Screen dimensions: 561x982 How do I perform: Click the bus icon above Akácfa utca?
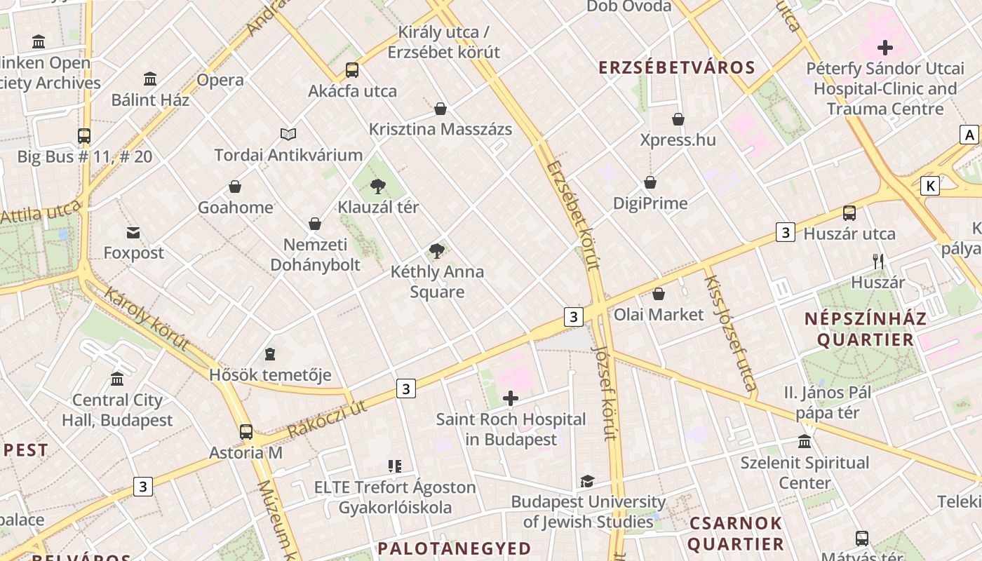point(352,70)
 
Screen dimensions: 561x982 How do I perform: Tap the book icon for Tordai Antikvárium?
point(288,134)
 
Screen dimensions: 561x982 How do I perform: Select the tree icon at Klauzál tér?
point(378,186)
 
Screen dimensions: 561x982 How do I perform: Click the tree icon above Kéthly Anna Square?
point(437,250)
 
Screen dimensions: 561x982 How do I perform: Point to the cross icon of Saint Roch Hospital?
point(511,398)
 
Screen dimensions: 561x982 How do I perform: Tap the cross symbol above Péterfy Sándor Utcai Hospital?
point(885,48)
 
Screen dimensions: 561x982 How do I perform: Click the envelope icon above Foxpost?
point(133,232)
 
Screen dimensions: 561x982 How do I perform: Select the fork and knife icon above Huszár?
point(878,262)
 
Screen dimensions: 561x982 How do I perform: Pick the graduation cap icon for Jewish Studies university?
point(587,481)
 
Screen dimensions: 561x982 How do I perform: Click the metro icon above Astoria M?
point(245,431)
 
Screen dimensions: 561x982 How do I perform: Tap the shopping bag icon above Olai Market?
point(659,294)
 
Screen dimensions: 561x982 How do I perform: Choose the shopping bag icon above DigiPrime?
point(650,182)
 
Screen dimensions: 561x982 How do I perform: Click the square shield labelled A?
point(969,135)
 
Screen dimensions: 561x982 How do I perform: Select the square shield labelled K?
point(930,186)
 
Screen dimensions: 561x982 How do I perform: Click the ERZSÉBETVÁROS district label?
point(676,68)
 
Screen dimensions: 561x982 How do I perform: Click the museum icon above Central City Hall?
point(117,379)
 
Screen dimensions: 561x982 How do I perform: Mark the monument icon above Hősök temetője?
point(270,354)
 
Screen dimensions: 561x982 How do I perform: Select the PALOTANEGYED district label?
point(454,548)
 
